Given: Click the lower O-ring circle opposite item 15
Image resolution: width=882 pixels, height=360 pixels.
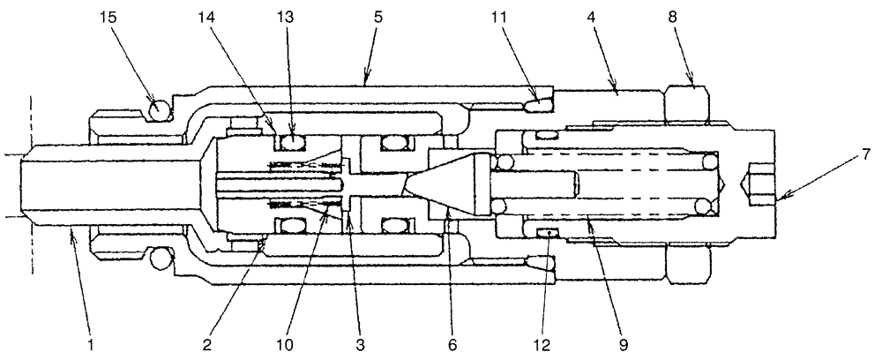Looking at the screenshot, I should [x=158, y=258].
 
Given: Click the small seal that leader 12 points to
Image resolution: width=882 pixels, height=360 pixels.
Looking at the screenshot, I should [x=549, y=232].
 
